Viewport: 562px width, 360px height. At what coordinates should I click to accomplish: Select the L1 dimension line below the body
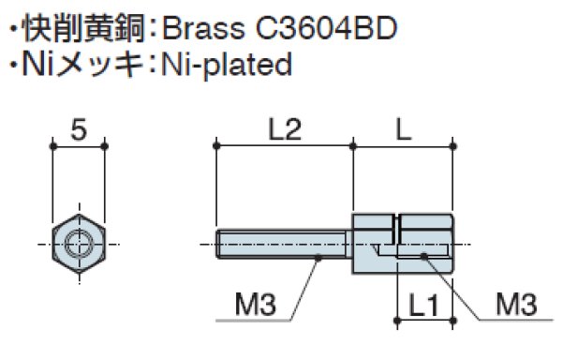[426, 322]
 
